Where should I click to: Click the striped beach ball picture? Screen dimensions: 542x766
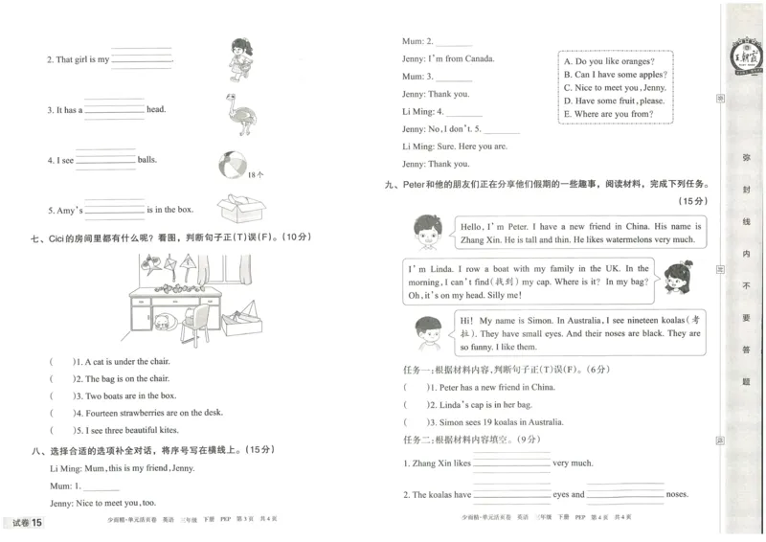point(233,164)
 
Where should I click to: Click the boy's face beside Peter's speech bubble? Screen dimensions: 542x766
point(426,233)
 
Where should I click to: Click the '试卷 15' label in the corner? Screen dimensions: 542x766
point(27,522)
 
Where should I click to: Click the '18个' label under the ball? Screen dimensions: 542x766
point(255,175)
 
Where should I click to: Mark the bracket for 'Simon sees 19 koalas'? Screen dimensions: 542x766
point(415,421)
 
